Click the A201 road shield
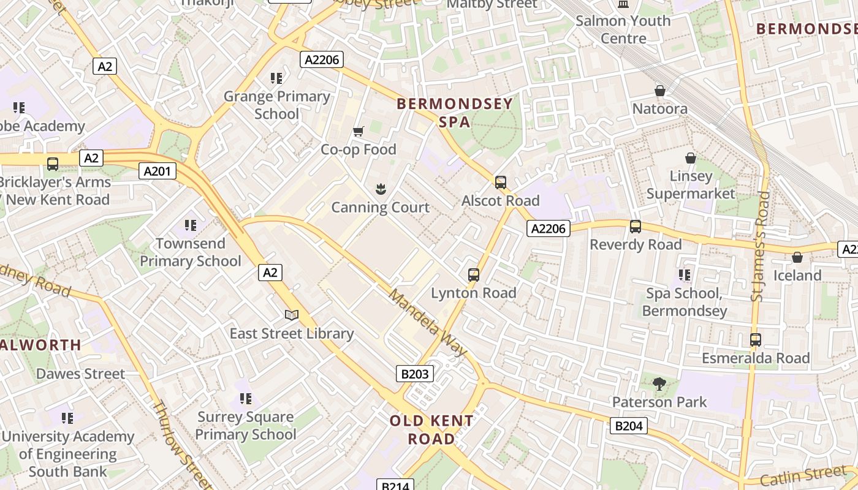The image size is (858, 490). tap(157, 171)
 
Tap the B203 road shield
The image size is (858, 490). tap(415, 374)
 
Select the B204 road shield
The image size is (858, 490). tap(628, 426)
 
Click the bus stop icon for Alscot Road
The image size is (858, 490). tap(501, 182)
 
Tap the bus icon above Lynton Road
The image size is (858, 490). tap(473, 274)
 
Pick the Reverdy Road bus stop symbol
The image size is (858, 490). tap(635, 227)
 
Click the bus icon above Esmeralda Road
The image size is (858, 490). tap(756, 339)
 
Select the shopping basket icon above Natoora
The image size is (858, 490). tap(660, 91)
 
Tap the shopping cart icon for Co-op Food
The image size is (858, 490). tap(359, 131)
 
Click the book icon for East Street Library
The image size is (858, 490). tap(292, 315)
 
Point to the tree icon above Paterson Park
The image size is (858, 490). tap(659, 384)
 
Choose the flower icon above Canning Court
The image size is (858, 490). tap(381, 189)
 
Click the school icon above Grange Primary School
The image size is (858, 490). tap(276, 78)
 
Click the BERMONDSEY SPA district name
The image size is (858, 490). tap(454, 113)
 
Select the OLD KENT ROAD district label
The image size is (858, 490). tap(431, 429)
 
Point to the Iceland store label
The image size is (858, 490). tap(797, 276)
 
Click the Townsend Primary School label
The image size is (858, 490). tap(190, 252)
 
